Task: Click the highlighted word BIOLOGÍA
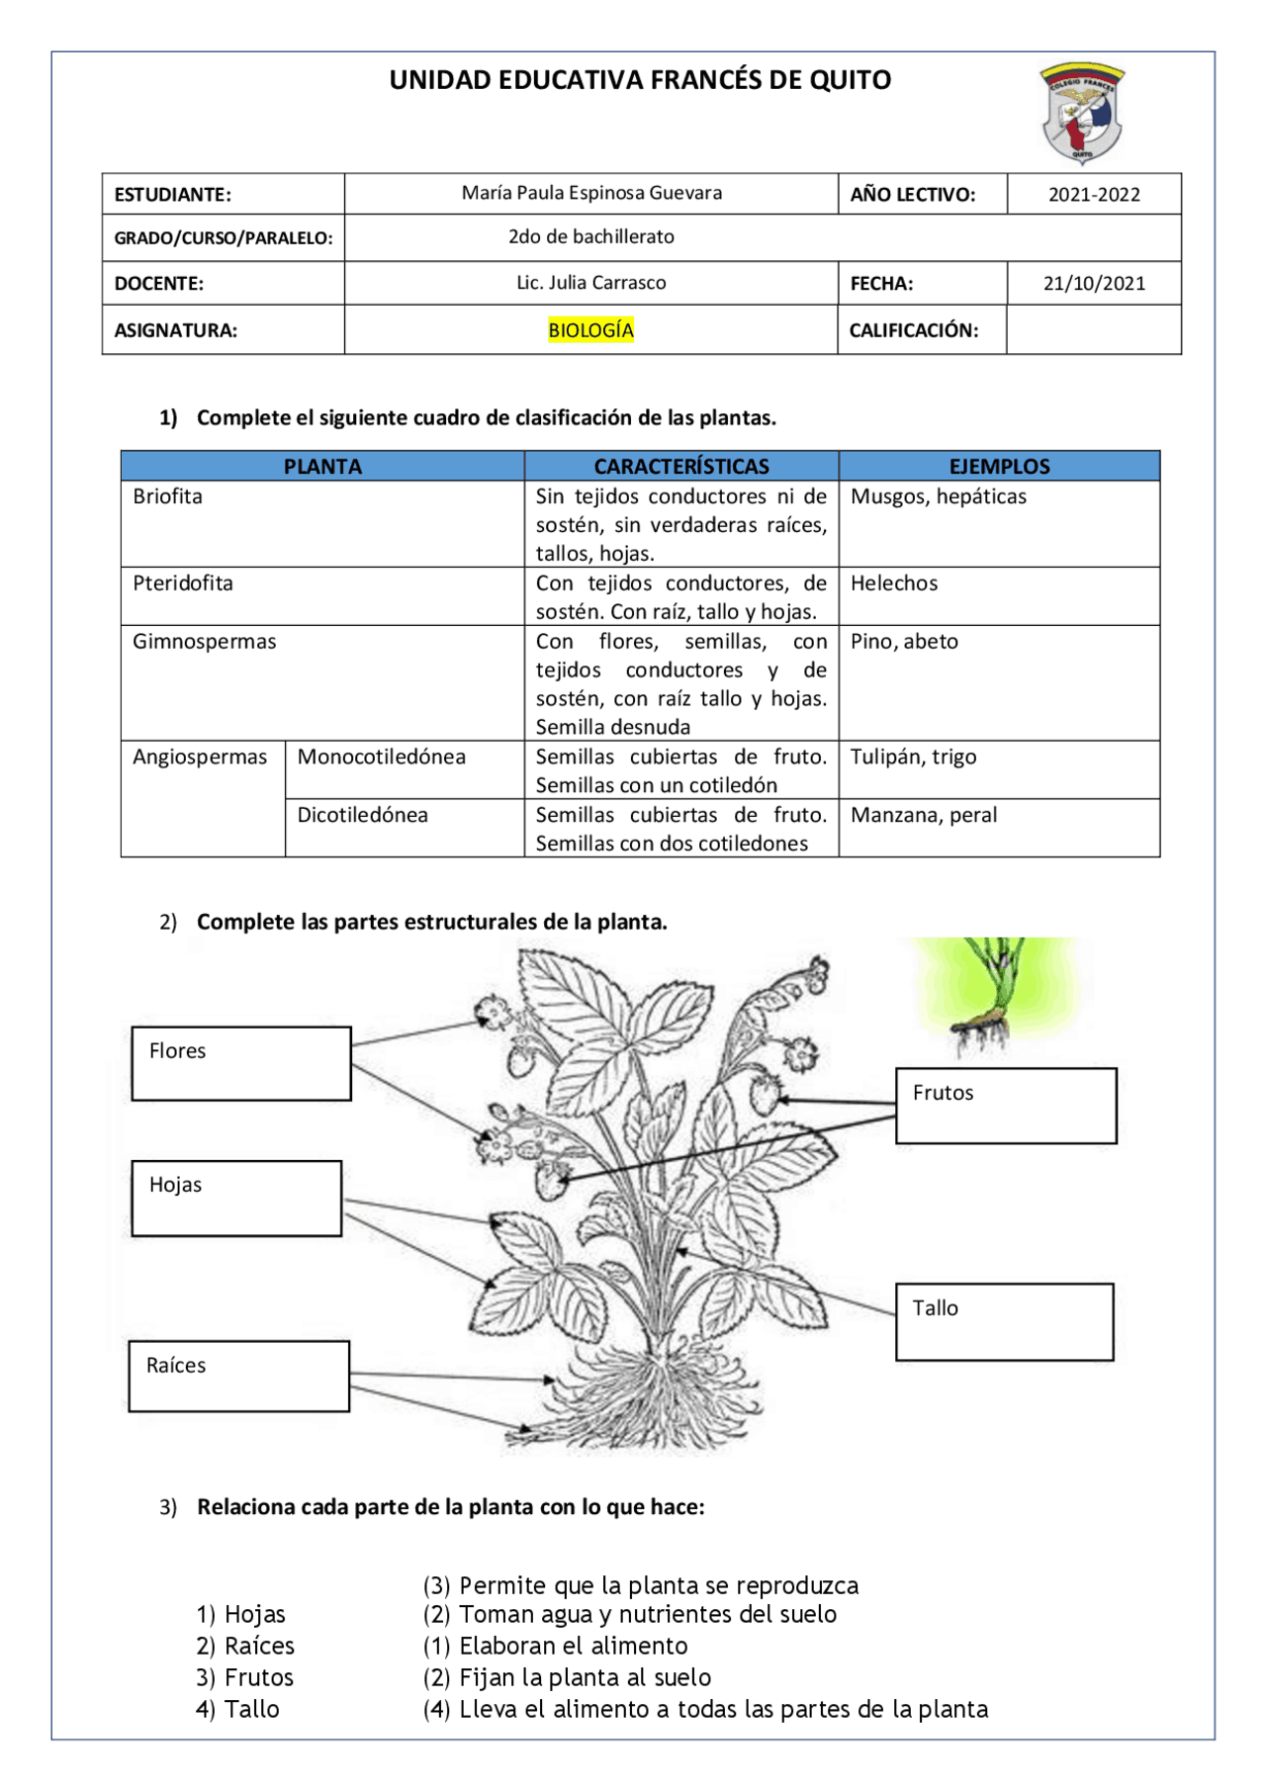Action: (590, 330)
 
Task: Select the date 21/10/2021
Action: (1094, 284)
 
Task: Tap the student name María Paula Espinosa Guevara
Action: (591, 193)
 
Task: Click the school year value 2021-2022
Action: (1094, 195)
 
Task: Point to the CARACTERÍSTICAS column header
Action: (680, 466)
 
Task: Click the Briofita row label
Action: (168, 496)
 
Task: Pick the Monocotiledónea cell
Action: (382, 758)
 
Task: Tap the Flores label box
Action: (241, 1063)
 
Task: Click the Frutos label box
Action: (1006, 1106)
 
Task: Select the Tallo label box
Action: (1004, 1321)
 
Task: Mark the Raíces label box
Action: (238, 1376)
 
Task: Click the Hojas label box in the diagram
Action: (236, 1198)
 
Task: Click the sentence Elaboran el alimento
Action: (573, 1646)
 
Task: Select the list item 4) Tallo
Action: (237, 1709)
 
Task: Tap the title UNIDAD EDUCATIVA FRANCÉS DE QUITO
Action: (640, 80)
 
